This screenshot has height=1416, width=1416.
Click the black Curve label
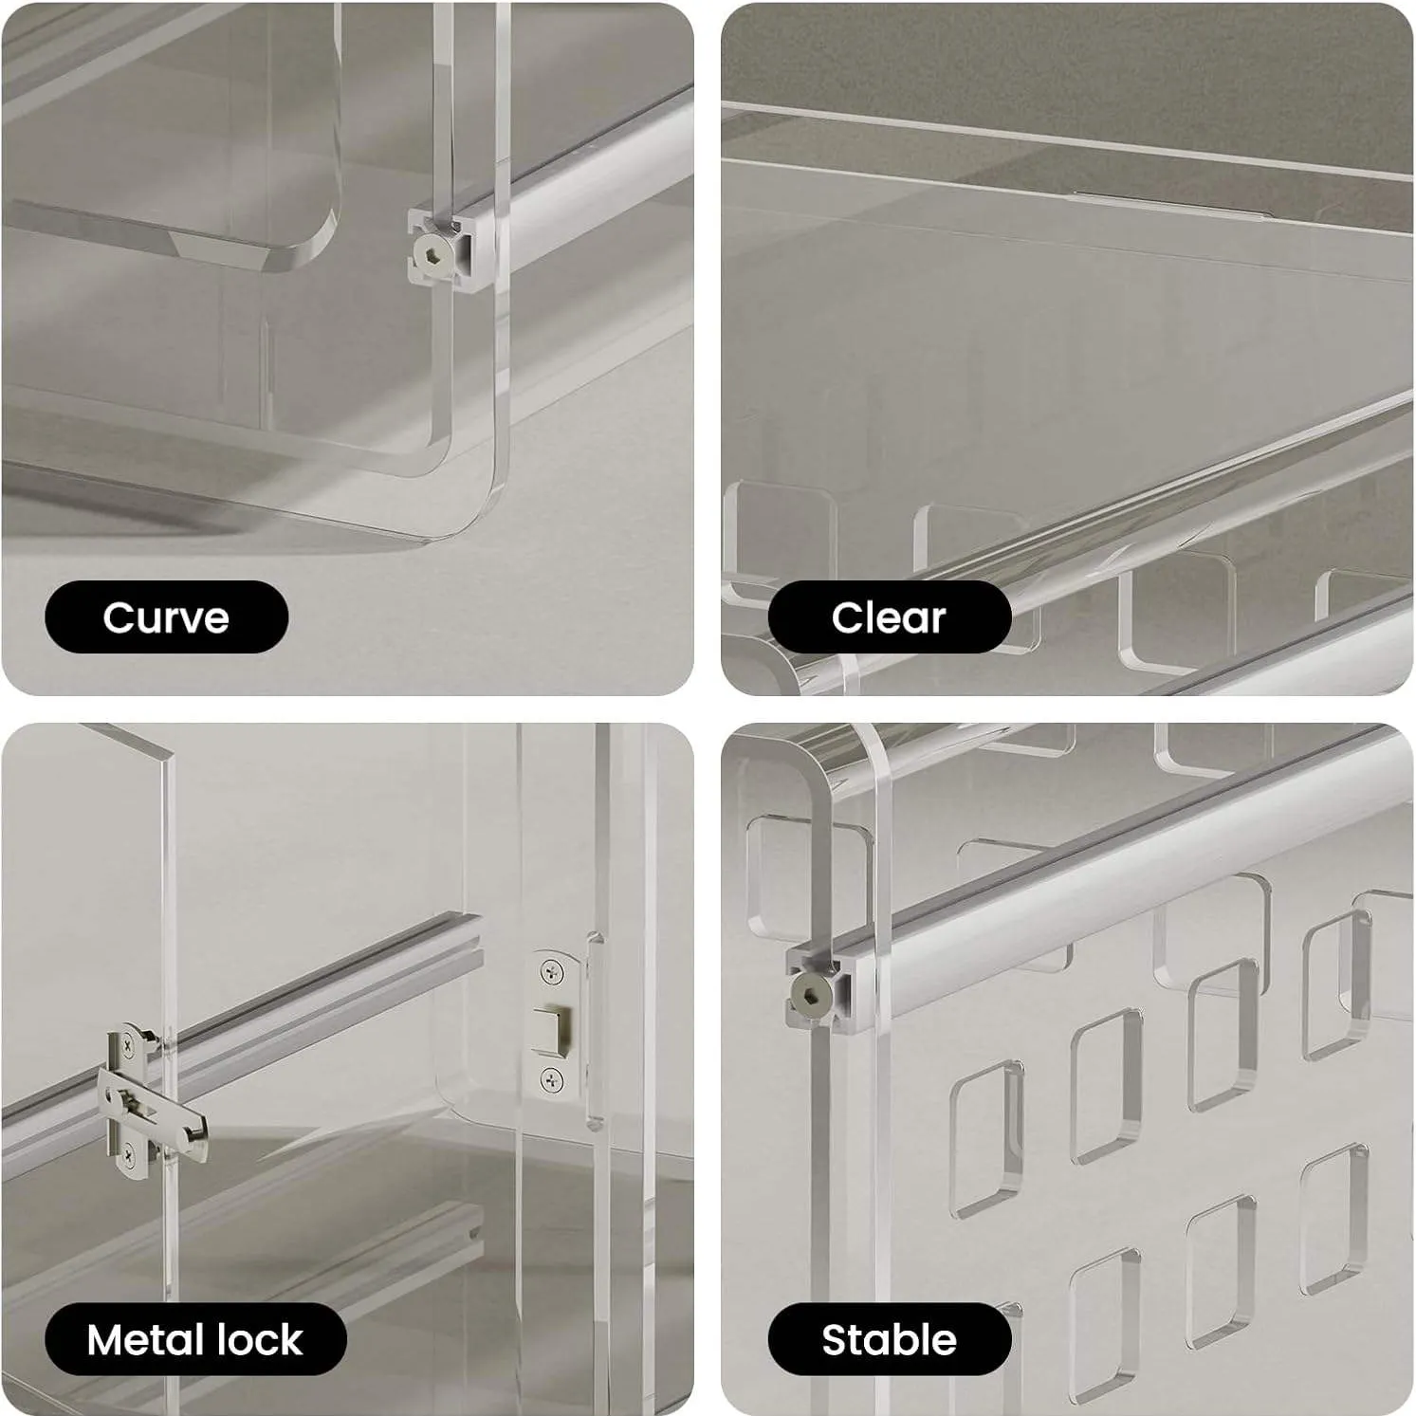point(166,617)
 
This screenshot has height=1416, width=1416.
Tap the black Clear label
point(889,617)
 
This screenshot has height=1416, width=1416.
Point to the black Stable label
point(889,1340)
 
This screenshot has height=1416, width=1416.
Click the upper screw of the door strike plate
point(549,970)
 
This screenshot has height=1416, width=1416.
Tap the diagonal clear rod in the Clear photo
point(1138,531)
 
